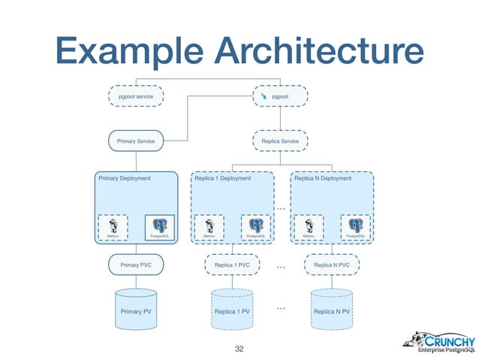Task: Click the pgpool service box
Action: point(136,98)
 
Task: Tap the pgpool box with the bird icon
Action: point(280,98)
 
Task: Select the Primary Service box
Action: point(136,141)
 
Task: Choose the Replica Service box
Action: point(280,141)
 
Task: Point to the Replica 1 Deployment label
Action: point(223,179)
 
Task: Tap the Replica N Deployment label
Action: point(323,179)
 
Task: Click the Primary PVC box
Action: point(136,265)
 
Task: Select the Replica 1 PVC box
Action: point(232,265)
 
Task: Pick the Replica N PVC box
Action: point(331,265)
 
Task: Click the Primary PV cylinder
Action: point(136,309)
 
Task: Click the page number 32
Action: point(240,348)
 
